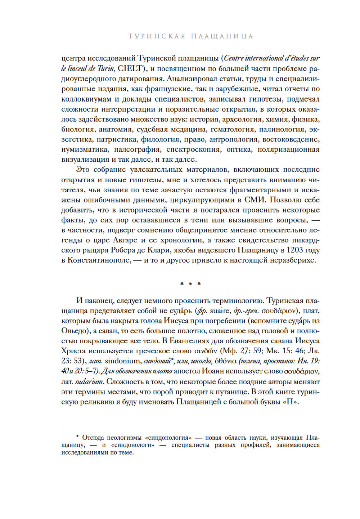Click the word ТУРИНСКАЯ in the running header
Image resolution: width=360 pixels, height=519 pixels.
point(157,36)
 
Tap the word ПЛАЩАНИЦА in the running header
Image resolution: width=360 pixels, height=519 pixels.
point(222,36)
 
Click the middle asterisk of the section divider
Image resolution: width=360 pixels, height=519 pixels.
point(190,284)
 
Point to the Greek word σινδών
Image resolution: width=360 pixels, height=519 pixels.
point(206,351)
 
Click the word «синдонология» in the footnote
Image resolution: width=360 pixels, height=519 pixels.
point(168,438)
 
